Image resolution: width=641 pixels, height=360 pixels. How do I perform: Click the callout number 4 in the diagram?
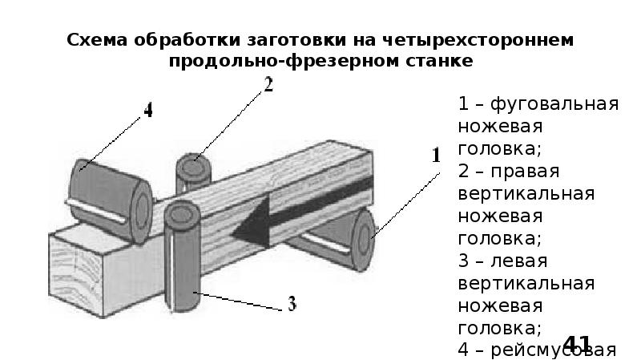tap(147, 111)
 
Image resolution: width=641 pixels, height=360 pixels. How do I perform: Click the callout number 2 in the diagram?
tap(268, 85)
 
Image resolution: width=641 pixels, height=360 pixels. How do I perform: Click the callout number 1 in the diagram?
tap(437, 156)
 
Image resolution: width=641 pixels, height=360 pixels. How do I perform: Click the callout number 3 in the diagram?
tap(292, 304)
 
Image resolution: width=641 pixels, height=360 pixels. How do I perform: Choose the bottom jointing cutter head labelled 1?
tap(353, 241)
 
